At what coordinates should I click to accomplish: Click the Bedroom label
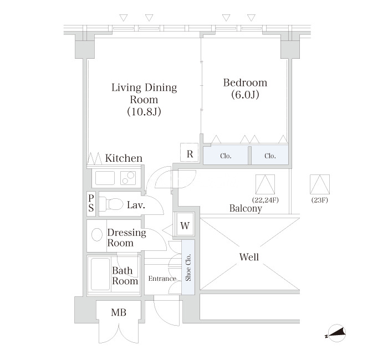[245, 83]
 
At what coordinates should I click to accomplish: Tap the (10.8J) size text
[144, 111]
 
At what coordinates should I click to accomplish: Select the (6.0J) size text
[245, 95]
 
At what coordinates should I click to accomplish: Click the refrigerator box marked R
[190, 152]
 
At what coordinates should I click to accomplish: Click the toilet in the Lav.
[111, 204]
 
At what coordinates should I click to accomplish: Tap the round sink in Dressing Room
[97, 234]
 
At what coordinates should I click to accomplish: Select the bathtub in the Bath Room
[100, 274]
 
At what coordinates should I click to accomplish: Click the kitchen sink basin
[105, 178]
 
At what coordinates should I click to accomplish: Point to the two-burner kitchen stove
[128, 178]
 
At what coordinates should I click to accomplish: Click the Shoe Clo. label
[188, 267]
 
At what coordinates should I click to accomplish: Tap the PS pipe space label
[91, 203]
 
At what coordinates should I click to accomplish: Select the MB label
[119, 312]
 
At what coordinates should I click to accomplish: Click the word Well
[249, 257]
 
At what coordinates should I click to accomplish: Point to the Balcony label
[246, 208]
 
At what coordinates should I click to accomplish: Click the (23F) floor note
[319, 200]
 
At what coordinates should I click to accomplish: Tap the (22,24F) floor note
[266, 200]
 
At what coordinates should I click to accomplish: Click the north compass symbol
[336, 333]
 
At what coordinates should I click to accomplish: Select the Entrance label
[162, 279]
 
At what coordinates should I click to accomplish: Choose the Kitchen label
[124, 158]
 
